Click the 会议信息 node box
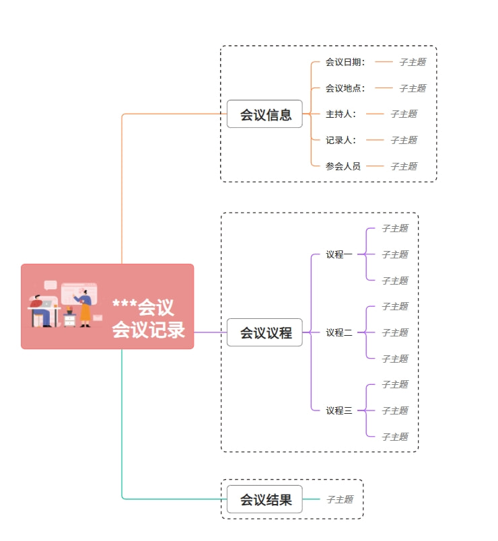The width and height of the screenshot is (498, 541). pos(264,114)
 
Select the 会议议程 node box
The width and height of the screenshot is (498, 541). pos(264,332)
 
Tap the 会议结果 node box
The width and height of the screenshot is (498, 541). pos(264,499)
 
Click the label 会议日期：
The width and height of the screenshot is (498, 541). pos(345,62)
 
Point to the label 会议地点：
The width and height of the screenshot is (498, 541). pos(345,88)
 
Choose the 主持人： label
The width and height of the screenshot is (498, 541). pos(341,114)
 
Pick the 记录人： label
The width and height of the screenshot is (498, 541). pos(341,140)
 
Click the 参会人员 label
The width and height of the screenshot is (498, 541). pos(343,166)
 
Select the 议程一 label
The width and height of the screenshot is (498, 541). pos(339,254)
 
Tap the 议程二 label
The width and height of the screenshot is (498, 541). pos(339,332)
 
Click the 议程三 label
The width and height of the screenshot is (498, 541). pos(339,410)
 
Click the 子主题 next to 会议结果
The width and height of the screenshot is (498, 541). pos(340,499)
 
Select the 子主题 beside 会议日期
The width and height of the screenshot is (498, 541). pos(413,62)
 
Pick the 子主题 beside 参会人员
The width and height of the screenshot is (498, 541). pos(404,166)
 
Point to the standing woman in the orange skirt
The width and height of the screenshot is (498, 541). pos(84,308)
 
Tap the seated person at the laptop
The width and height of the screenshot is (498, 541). pos(42,310)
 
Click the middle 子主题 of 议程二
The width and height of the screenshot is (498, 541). pos(395,332)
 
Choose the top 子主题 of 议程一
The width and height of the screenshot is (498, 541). pos(395,228)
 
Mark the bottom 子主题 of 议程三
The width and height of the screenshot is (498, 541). pos(395,437)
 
